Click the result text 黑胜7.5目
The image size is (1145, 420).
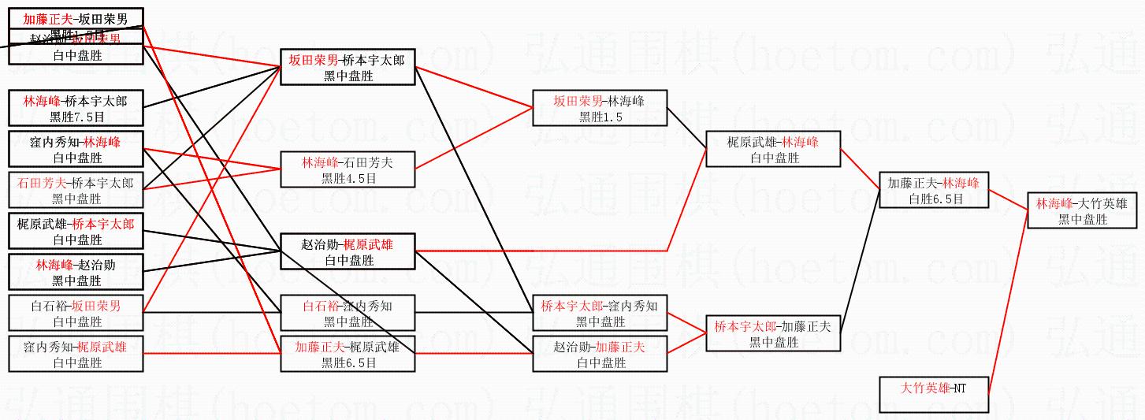(x=76, y=117)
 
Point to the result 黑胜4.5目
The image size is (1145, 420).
(x=348, y=178)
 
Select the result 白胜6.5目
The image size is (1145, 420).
(x=935, y=199)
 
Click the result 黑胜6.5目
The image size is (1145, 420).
(x=348, y=362)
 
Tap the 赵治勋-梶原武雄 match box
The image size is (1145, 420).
(x=348, y=252)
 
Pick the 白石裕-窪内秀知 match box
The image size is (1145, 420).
(x=348, y=313)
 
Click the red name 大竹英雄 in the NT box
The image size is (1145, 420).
(x=925, y=388)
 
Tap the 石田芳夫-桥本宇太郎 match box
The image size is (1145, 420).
(x=76, y=190)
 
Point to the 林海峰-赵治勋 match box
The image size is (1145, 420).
(x=76, y=273)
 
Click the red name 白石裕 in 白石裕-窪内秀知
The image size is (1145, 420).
(x=321, y=305)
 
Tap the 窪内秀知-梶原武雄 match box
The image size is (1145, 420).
(x=76, y=355)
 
